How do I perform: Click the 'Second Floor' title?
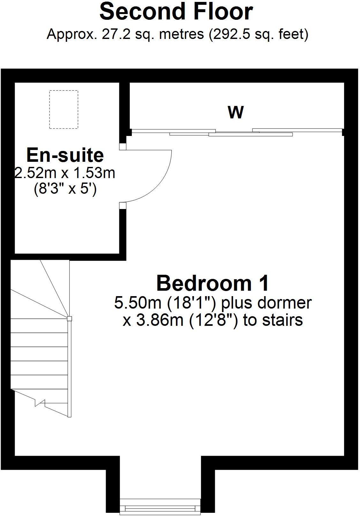point(176,12)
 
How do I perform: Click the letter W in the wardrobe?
point(236,112)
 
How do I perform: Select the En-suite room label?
point(65,155)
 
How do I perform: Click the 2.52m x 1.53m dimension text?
point(65,173)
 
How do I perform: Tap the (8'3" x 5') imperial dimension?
point(65,190)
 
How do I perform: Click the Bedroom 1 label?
point(213,283)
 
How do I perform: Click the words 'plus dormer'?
point(266,303)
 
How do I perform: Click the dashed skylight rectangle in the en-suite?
point(64,109)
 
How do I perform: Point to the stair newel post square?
point(69,318)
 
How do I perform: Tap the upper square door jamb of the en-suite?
point(123,146)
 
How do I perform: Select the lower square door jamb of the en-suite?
point(123,206)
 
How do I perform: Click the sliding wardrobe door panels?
point(236,132)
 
